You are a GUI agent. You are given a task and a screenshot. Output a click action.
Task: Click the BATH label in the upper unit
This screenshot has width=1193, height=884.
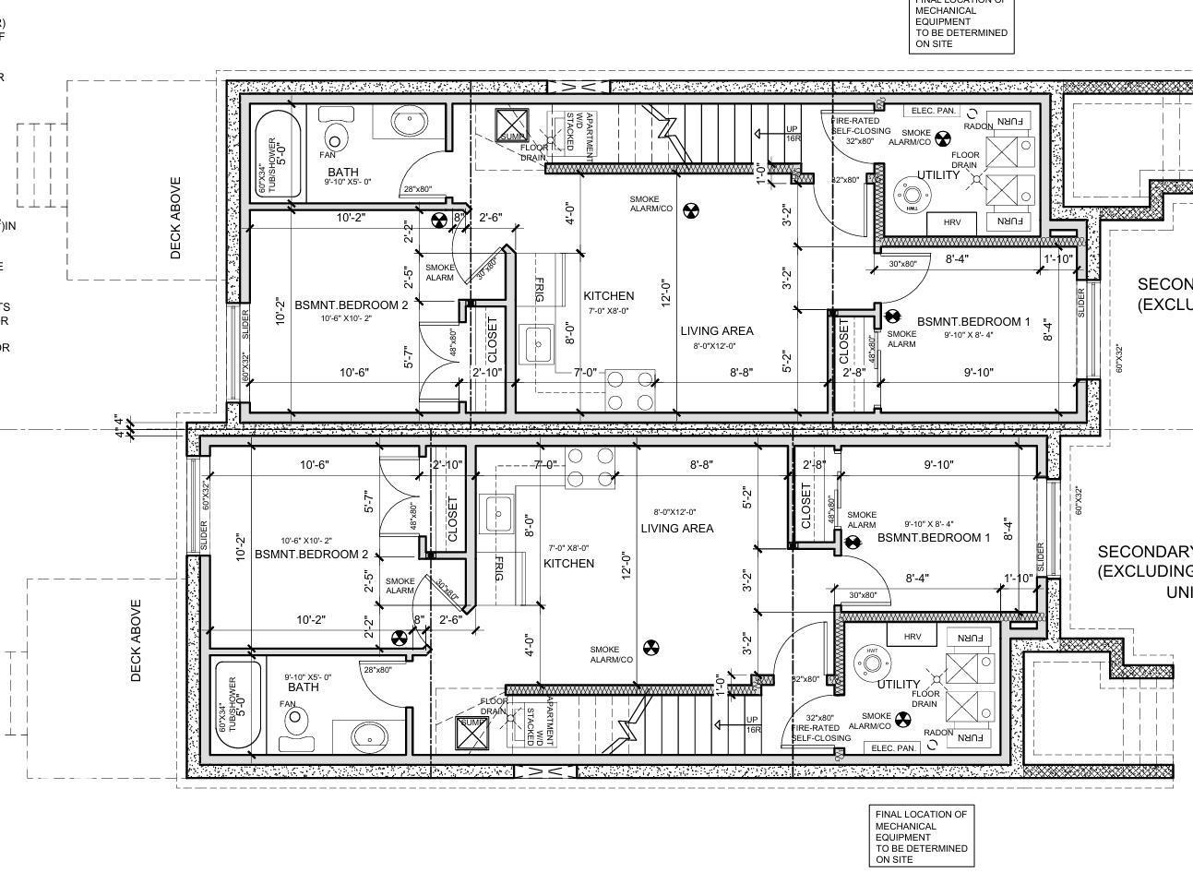342,173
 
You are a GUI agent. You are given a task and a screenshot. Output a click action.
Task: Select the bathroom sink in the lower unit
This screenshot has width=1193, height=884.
370,735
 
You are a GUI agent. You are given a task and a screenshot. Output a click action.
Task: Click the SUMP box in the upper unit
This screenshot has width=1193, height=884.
510,125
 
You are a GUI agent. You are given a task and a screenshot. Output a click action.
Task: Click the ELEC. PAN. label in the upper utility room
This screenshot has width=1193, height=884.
933,111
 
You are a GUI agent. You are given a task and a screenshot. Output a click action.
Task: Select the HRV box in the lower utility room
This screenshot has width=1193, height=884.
912,637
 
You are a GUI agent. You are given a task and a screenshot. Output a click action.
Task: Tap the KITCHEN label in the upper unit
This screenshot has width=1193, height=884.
609,296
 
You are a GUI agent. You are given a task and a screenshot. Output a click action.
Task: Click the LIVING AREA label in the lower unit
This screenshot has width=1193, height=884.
677,529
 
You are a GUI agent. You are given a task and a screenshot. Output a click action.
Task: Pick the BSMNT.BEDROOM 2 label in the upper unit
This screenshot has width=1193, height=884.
351,305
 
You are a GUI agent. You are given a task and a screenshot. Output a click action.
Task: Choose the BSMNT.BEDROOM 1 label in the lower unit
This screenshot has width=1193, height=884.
933,537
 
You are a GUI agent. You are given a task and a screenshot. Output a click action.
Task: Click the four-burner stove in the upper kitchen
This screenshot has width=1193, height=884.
631,389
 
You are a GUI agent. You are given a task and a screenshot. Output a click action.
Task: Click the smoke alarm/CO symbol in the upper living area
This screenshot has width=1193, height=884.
690,210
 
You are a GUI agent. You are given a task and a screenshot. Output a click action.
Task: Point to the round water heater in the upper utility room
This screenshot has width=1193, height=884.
913,195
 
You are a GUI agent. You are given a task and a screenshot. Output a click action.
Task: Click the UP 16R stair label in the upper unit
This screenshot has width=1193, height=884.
792,133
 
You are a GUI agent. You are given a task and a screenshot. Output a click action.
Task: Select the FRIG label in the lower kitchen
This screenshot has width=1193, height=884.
499,568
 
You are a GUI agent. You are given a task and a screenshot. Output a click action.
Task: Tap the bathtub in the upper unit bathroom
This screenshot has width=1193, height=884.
272,154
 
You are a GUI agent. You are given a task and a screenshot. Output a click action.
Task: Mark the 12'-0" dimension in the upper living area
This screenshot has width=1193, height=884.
664,292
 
